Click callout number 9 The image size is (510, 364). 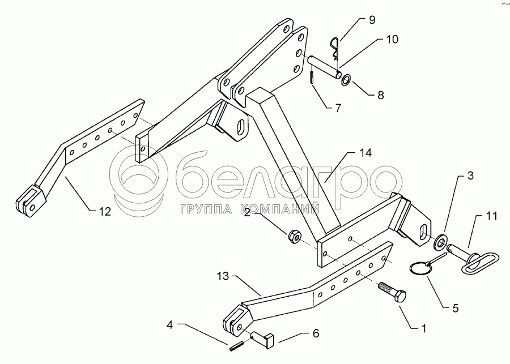[x=372, y=20]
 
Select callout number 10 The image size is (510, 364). [x=392, y=39]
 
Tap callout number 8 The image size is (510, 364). [x=381, y=95]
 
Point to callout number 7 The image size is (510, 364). [x=338, y=108]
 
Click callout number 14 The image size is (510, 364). [x=365, y=153]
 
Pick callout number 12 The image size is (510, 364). [x=105, y=212]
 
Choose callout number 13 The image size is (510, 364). [x=223, y=277]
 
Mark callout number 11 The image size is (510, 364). [x=491, y=216]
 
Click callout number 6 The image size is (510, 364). [x=316, y=333]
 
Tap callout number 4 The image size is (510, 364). [x=170, y=325]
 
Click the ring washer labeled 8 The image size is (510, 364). [x=346, y=80]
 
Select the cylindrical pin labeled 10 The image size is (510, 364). [x=325, y=67]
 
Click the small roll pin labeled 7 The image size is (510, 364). [x=312, y=78]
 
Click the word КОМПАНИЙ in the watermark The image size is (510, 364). [x=282, y=209]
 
